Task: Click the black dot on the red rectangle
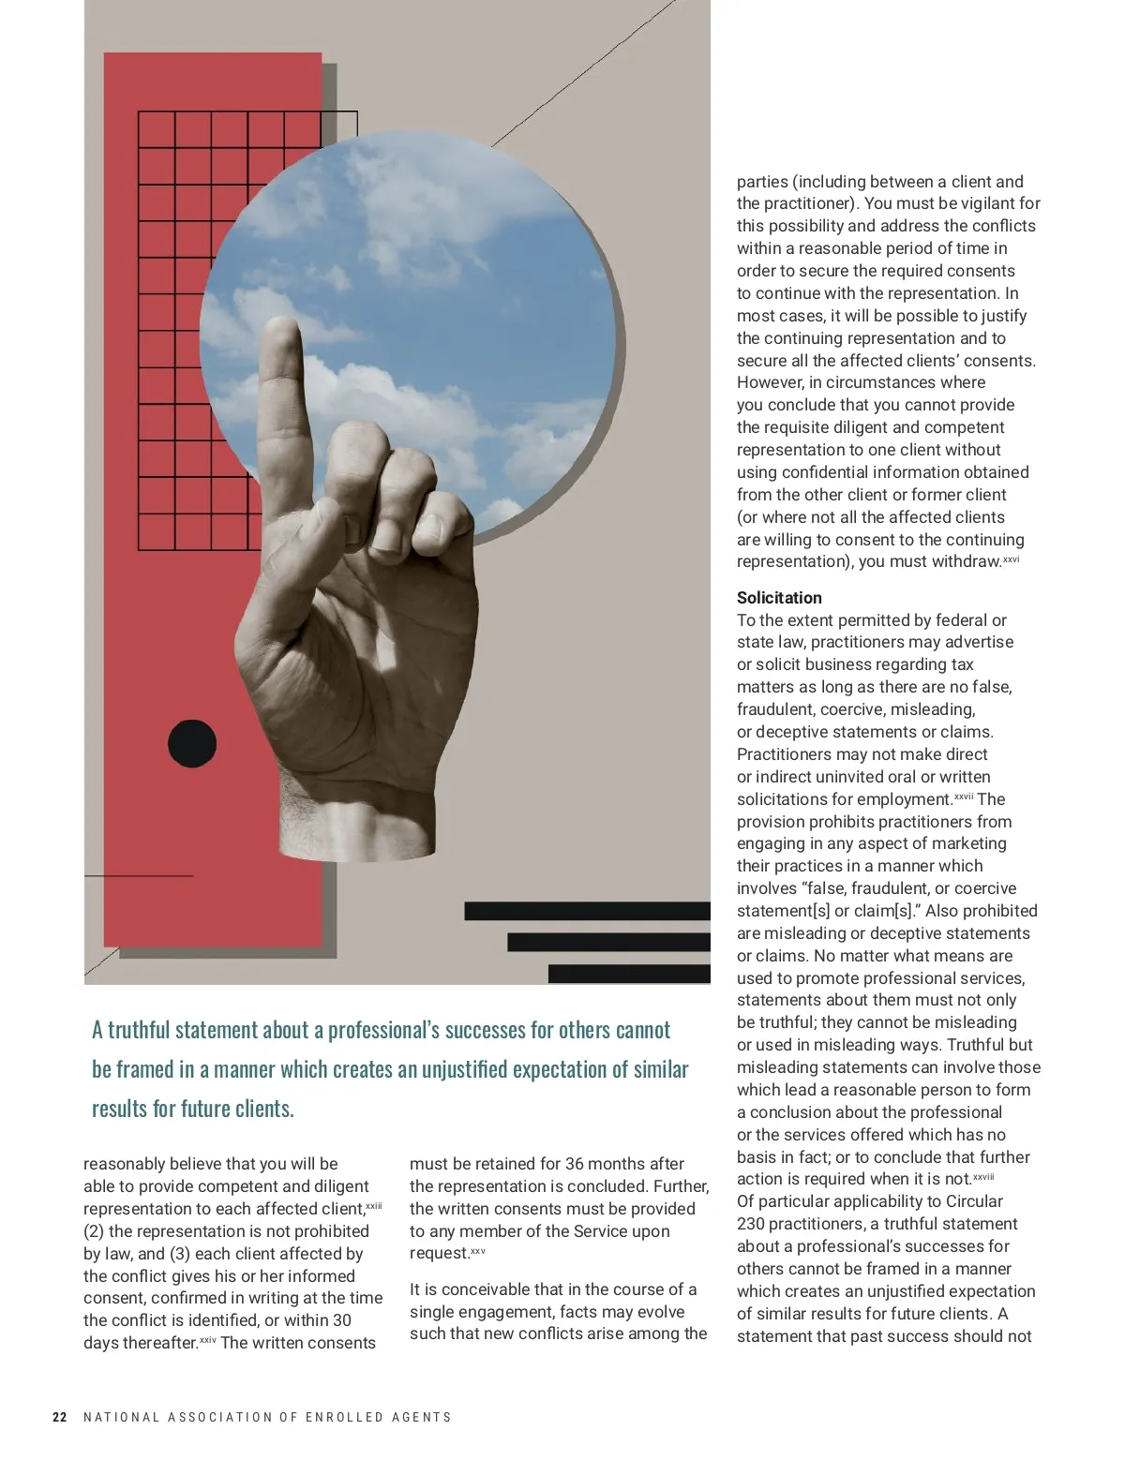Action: click(192, 744)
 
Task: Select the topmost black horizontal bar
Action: click(587, 911)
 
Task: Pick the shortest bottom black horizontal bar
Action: click(629, 974)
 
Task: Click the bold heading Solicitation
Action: click(779, 598)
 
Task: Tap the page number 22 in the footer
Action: click(60, 1417)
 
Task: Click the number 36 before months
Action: click(576, 1164)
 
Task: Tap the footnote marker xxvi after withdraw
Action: click(1012, 559)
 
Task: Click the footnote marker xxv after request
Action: click(478, 1251)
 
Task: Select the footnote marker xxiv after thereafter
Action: click(208, 1340)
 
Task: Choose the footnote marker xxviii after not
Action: click(983, 1177)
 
